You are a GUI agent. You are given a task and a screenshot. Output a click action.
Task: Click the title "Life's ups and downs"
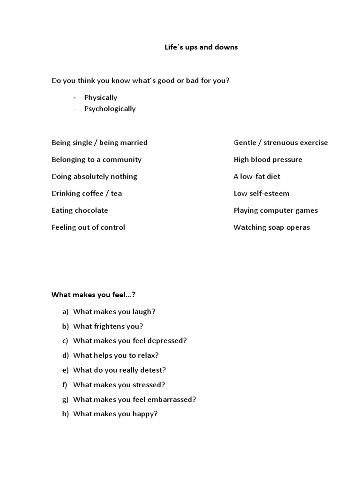(x=201, y=47)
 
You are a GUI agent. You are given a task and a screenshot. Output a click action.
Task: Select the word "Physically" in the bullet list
(x=101, y=97)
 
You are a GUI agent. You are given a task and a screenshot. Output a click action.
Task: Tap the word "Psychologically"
(x=110, y=109)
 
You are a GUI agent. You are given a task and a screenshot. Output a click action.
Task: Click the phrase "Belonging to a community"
(x=96, y=159)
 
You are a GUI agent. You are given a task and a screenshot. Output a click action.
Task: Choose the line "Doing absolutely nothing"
(x=94, y=177)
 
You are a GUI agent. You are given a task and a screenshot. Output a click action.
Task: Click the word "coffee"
(x=93, y=194)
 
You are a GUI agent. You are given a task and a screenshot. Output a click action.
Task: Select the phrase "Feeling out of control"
(x=88, y=227)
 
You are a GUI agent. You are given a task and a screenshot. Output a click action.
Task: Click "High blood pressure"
(x=268, y=159)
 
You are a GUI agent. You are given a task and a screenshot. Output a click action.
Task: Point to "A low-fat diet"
(x=256, y=177)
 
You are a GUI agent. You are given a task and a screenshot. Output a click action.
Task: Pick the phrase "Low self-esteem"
(x=261, y=194)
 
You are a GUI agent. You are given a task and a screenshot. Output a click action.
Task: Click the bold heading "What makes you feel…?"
(x=93, y=295)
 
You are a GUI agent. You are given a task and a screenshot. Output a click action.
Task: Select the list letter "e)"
(x=65, y=370)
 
